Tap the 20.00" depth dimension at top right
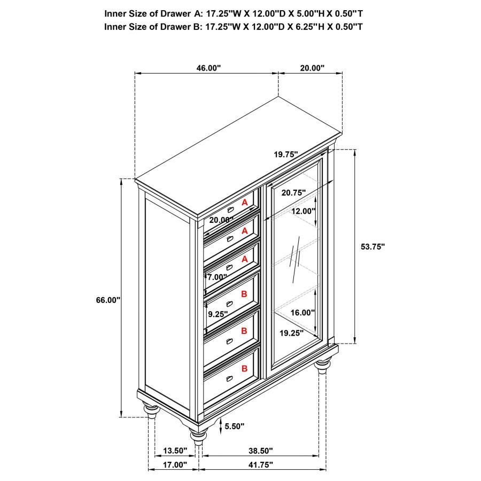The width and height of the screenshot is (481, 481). click(x=312, y=68)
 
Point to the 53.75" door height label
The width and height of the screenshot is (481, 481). click(x=373, y=246)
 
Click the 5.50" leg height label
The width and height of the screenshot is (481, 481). click(x=235, y=426)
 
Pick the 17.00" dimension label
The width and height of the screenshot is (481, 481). click(x=175, y=465)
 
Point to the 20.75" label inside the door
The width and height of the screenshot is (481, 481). click(x=293, y=192)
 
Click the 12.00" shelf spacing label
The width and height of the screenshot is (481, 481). click(x=303, y=211)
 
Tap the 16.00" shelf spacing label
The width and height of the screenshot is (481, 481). click(x=303, y=313)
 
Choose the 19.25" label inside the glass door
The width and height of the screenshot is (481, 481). click(x=291, y=332)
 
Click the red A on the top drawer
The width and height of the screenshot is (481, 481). click(x=244, y=203)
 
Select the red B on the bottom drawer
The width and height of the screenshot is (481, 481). click(x=244, y=368)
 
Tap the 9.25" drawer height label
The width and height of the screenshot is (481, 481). click(x=218, y=314)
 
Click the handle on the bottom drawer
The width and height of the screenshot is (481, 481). click(x=230, y=378)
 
